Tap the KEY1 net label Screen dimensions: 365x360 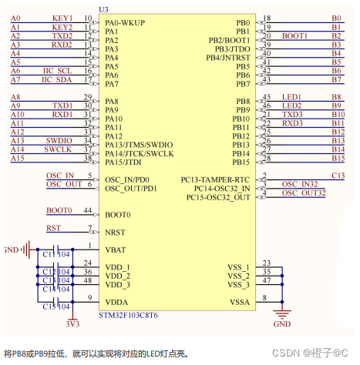[x=62, y=17]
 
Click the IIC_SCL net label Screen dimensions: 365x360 [x=59, y=70]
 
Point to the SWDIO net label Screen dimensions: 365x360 [x=58, y=141]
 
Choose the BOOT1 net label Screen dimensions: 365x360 [x=294, y=35]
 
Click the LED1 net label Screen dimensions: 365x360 [x=291, y=97]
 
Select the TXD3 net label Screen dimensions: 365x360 [x=291, y=115]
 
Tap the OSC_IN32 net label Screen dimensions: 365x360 [x=299, y=184]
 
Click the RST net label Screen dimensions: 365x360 [x=53, y=228]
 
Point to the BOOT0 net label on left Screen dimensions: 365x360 [x=59, y=210]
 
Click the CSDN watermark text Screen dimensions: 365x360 [x=291, y=353]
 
